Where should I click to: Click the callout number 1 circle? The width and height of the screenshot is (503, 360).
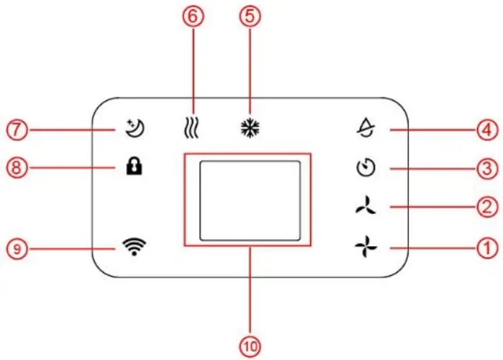click(x=488, y=248)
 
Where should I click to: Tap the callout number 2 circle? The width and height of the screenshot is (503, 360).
click(x=488, y=208)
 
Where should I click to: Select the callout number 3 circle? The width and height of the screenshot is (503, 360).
click(x=488, y=169)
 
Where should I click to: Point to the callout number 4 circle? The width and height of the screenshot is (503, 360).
click(x=488, y=130)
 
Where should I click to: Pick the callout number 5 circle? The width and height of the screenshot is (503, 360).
click(x=249, y=17)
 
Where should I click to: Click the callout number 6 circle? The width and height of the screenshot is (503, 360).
click(x=192, y=17)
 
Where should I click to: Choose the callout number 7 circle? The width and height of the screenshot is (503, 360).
click(x=15, y=130)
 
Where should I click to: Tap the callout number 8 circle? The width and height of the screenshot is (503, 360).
click(x=15, y=169)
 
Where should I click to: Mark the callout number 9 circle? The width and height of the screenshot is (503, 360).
click(x=15, y=248)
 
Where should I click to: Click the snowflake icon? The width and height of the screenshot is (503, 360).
click(x=249, y=130)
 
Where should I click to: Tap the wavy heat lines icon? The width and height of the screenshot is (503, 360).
click(x=192, y=130)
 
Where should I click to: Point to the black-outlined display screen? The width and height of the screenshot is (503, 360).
click(x=249, y=199)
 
